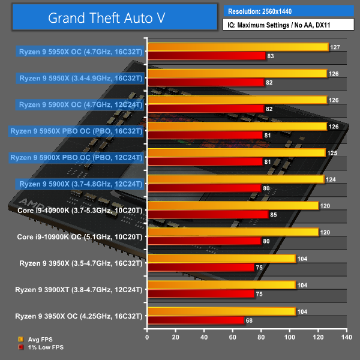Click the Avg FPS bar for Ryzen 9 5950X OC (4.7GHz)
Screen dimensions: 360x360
point(238,47)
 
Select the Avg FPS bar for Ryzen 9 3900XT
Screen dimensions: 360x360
point(221,285)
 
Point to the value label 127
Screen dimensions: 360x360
point(335,47)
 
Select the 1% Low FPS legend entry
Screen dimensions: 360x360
point(41,347)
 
